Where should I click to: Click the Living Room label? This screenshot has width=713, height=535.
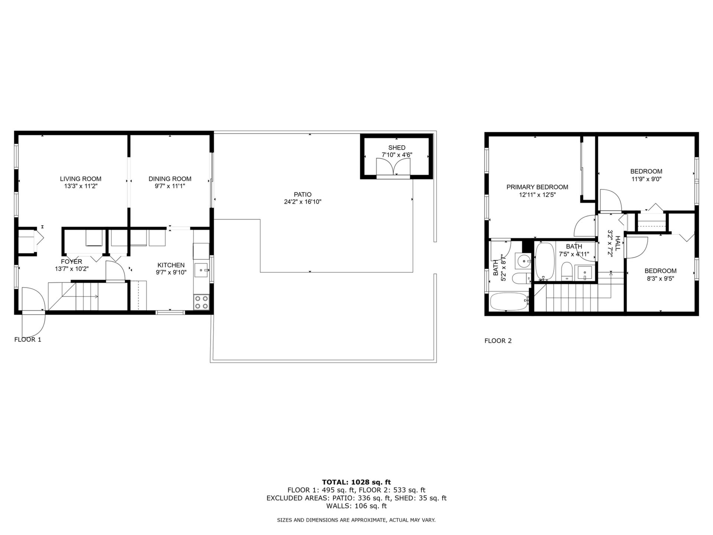click(x=81, y=179)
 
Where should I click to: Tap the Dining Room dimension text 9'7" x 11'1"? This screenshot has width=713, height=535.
click(x=170, y=186)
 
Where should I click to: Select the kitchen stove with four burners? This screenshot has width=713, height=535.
click(x=201, y=302)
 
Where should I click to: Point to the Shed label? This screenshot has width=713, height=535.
click(x=397, y=147)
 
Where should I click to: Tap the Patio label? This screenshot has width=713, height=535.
click(x=303, y=194)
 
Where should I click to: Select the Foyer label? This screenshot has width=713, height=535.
click(x=72, y=262)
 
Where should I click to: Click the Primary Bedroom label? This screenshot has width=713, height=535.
click(x=537, y=187)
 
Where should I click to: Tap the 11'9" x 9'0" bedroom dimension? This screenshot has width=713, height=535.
click(x=647, y=179)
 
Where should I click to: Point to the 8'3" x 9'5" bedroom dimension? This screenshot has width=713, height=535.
click(x=661, y=278)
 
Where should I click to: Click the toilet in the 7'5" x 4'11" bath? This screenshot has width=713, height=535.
click(x=567, y=271)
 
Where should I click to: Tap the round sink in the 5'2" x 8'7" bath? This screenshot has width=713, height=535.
click(x=524, y=261)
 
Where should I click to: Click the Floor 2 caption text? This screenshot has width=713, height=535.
click(x=498, y=341)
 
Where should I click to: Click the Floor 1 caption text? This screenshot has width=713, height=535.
click(x=28, y=340)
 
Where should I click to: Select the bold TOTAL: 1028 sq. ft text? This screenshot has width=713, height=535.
click(x=356, y=482)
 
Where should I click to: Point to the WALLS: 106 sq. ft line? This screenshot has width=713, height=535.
click(x=356, y=506)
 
